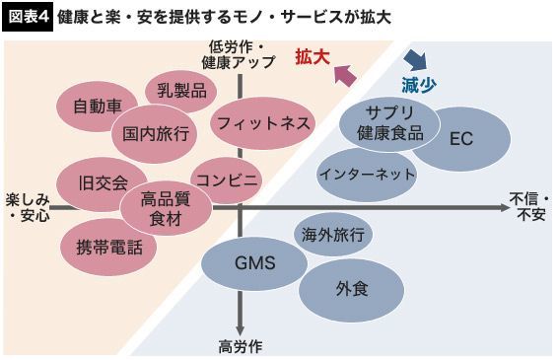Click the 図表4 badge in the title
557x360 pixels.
28,18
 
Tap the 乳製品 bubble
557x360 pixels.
181,91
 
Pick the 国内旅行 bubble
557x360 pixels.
155,134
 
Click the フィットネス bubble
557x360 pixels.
263,123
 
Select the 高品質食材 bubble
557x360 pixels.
166,208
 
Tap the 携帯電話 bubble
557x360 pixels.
108,248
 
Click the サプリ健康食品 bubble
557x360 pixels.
389,124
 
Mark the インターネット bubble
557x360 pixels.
367,175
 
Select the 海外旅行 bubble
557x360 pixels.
333,235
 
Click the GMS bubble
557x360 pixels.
254,263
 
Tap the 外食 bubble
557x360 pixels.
351,290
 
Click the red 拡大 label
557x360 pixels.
313,57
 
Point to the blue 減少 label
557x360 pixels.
419,85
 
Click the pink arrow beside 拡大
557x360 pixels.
345,75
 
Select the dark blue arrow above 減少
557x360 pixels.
416,59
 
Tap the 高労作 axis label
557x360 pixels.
241,347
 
